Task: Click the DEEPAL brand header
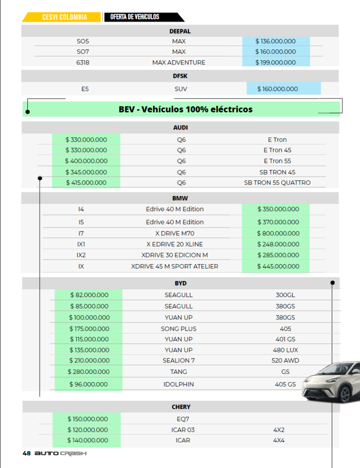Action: click(x=180, y=31)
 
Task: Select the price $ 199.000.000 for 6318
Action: click(x=275, y=62)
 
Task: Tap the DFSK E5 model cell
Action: click(x=85, y=89)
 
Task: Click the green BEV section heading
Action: click(x=185, y=109)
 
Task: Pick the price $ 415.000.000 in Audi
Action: click(x=86, y=182)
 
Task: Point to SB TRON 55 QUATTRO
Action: click(x=277, y=182)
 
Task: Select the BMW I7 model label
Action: click(x=81, y=233)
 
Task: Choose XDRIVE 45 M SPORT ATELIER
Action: click(x=174, y=266)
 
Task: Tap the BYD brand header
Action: click(x=180, y=283)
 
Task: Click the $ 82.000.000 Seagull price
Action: click(x=89, y=295)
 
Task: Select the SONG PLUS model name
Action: click(x=178, y=329)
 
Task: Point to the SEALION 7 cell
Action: click(x=178, y=361)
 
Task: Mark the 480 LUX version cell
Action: click(x=285, y=350)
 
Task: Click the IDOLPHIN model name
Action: click(x=178, y=384)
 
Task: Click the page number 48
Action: click(x=27, y=453)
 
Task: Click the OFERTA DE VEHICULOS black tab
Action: click(x=135, y=17)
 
